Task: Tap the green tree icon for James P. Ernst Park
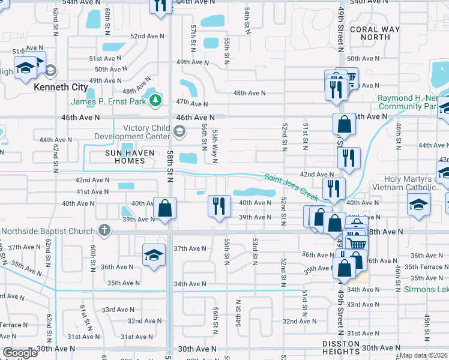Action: click(156, 98)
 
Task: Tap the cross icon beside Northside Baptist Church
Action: click(104, 230)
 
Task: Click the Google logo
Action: click(20, 353)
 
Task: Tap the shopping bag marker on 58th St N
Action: click(164, 209)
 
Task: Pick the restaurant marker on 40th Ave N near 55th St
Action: click(219, 206)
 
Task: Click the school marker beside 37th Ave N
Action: click(154, 254)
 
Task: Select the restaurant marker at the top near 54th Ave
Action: click(160, 5)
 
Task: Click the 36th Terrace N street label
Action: click(427, 266)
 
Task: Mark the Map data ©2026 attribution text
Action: click(424, 355)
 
